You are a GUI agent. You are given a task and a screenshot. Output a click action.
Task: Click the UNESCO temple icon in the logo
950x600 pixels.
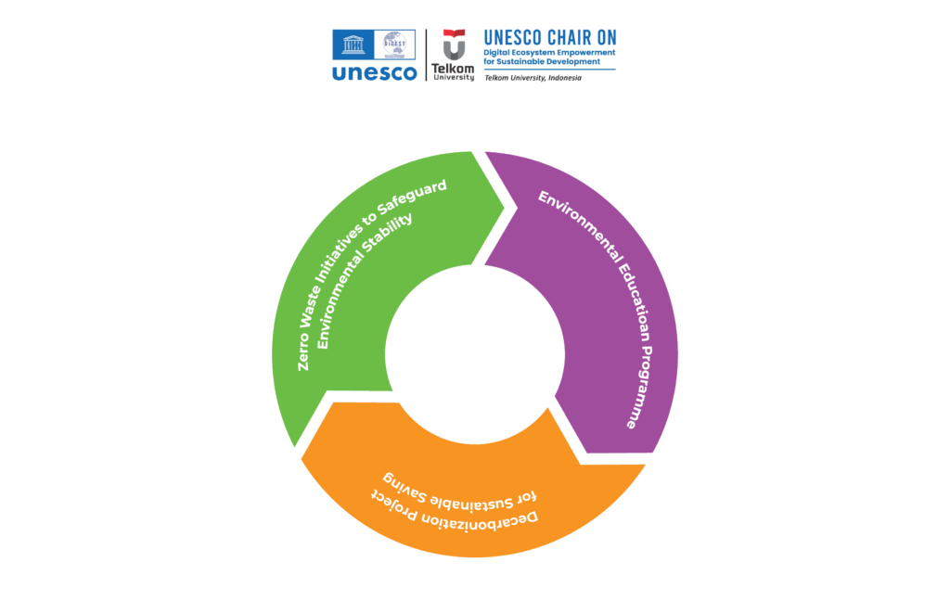coord(354,45)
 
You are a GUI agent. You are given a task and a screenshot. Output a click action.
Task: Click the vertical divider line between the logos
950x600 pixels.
coord(426,55)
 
